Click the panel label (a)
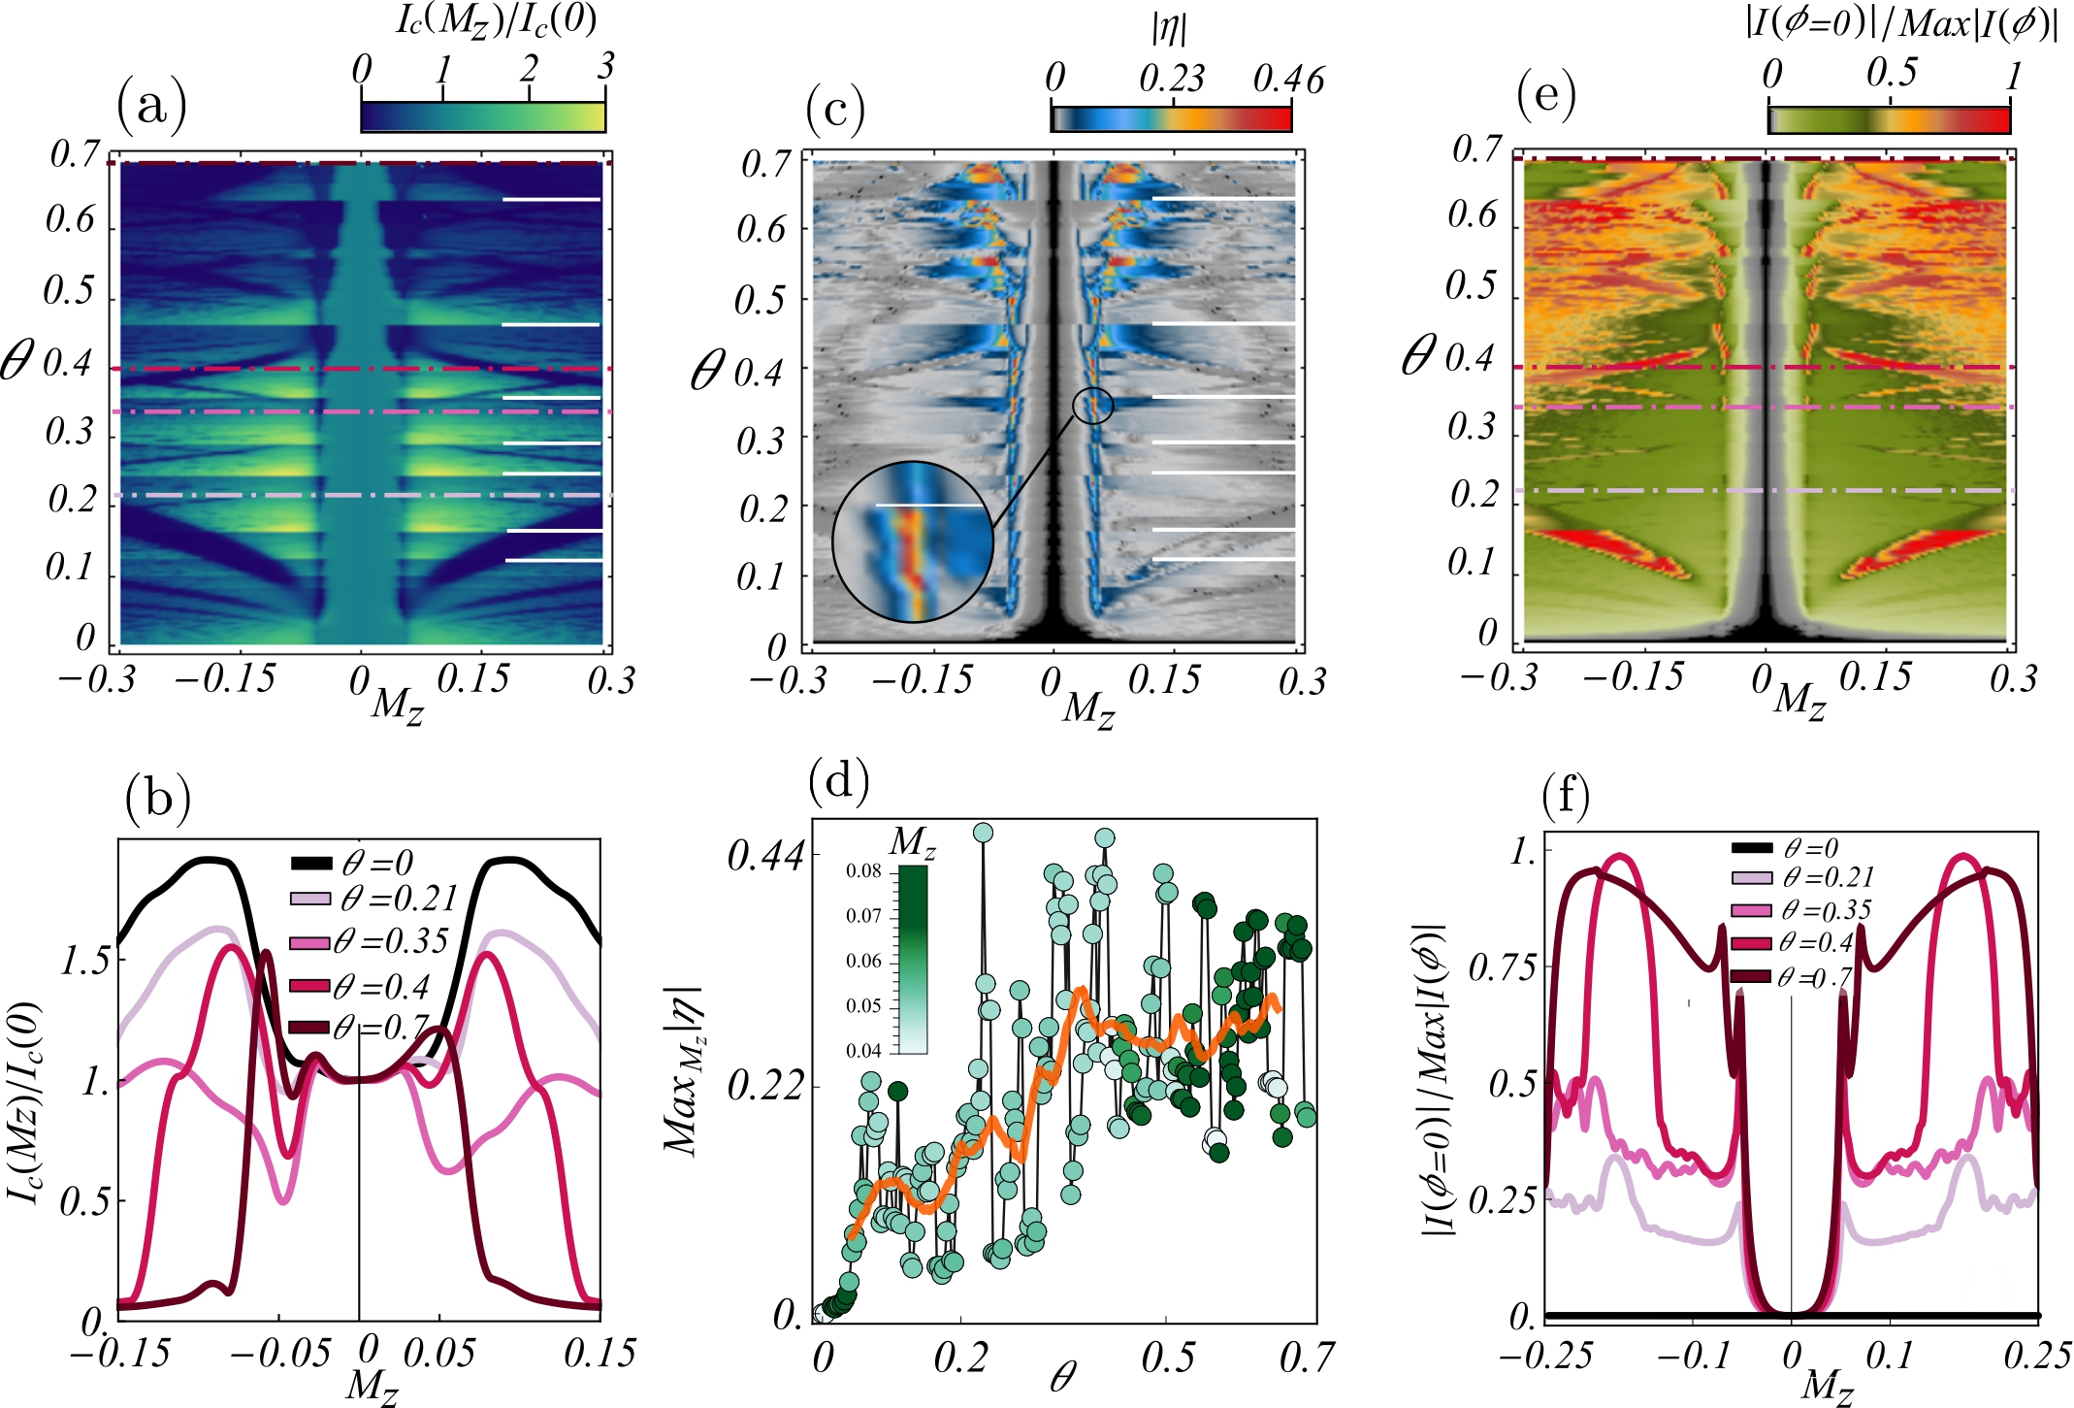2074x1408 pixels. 151,105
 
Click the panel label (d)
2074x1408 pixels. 838,779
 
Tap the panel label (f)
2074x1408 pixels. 1566,799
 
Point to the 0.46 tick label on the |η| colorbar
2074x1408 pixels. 1287,80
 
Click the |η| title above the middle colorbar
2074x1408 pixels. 1169,28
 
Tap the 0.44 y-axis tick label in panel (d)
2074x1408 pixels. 765,856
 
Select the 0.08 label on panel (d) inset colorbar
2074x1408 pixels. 863,871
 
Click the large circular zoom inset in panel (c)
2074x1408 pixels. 912,541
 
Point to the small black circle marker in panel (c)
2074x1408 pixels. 1092,405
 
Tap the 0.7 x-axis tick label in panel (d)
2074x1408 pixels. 1306,1357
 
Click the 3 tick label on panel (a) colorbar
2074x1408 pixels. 605,66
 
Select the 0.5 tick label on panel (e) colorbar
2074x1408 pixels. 1892,72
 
